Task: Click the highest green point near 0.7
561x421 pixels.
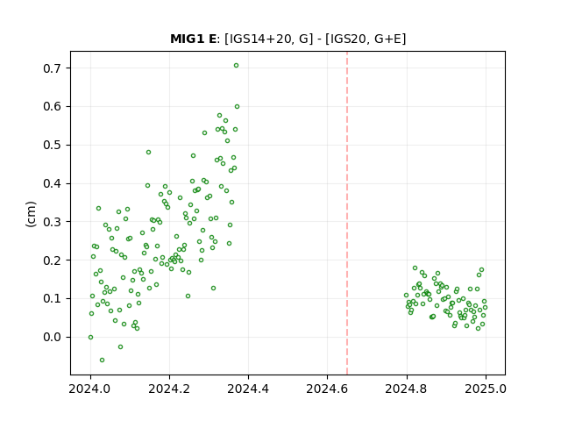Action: pos(236,66)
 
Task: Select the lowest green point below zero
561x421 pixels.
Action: pos(102,360)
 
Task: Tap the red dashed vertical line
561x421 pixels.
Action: pos(347,213)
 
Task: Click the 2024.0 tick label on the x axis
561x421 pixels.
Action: pos(90,389)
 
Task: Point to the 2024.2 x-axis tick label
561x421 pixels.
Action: pos(169,389)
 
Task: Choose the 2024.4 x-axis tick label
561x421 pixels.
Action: pos(248,389)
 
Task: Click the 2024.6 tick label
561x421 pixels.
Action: pos(327,389)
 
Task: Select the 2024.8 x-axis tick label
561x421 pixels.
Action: pos(407,389)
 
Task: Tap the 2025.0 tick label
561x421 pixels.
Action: pos(486,389)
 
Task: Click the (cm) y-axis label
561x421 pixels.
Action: pos(32,214)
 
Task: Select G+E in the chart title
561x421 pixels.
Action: pos(387,39)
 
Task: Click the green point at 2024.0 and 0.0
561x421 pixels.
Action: pos(90,337)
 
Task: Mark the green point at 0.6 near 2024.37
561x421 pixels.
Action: pos(237,107)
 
